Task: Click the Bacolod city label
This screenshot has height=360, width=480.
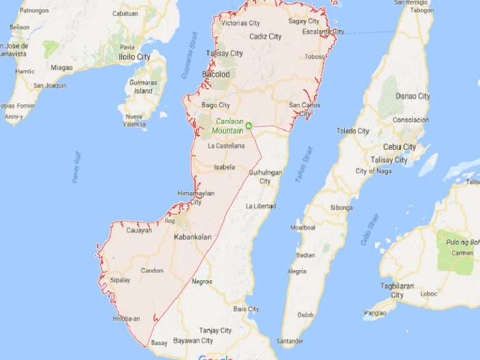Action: pyautogui.click(x=216, y=74)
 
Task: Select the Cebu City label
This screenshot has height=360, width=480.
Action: pyautogui.click(x=401, y=147)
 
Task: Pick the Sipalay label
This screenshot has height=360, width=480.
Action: pyautogui.click(x=119, y=280)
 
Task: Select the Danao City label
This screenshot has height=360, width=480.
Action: pyautogui.click(x=414, y=96)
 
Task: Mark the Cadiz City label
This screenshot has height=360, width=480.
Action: pyautogui.click(x=265, y=37)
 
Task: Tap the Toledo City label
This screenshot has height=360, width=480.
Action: pyautogui.click(x=353, y=131)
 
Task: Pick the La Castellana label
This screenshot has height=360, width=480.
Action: pyautogui.click(x=225, y=146)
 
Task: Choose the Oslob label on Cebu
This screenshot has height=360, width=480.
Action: pyautogui.click(x=306, y=314)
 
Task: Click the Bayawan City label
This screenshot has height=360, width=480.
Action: pyautogui.click(x=191, y=341)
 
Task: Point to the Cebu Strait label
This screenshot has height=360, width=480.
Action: pyautogui.click(x=369, y=229)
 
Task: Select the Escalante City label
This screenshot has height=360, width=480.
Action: pyautogui.click(x=322, y=31)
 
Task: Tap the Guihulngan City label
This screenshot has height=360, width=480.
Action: pyautogui.click(x=266, y=176)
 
